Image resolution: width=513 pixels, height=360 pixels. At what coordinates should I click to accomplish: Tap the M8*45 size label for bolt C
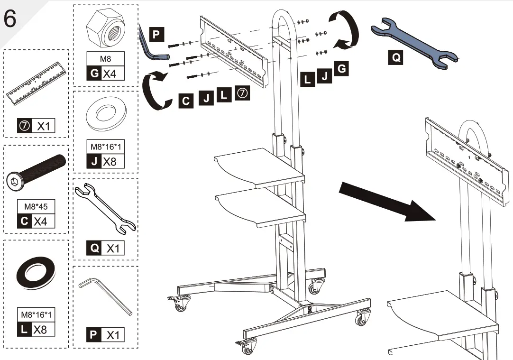coord(36,207)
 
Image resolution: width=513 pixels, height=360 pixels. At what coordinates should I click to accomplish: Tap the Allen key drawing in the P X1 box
coord(105,295)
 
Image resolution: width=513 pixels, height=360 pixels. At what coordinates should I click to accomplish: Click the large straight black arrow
coord(387,202)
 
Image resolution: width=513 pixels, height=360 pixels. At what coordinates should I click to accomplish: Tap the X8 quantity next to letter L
coord(40,329)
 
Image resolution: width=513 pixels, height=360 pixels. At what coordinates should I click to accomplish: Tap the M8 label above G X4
coord(105,59)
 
